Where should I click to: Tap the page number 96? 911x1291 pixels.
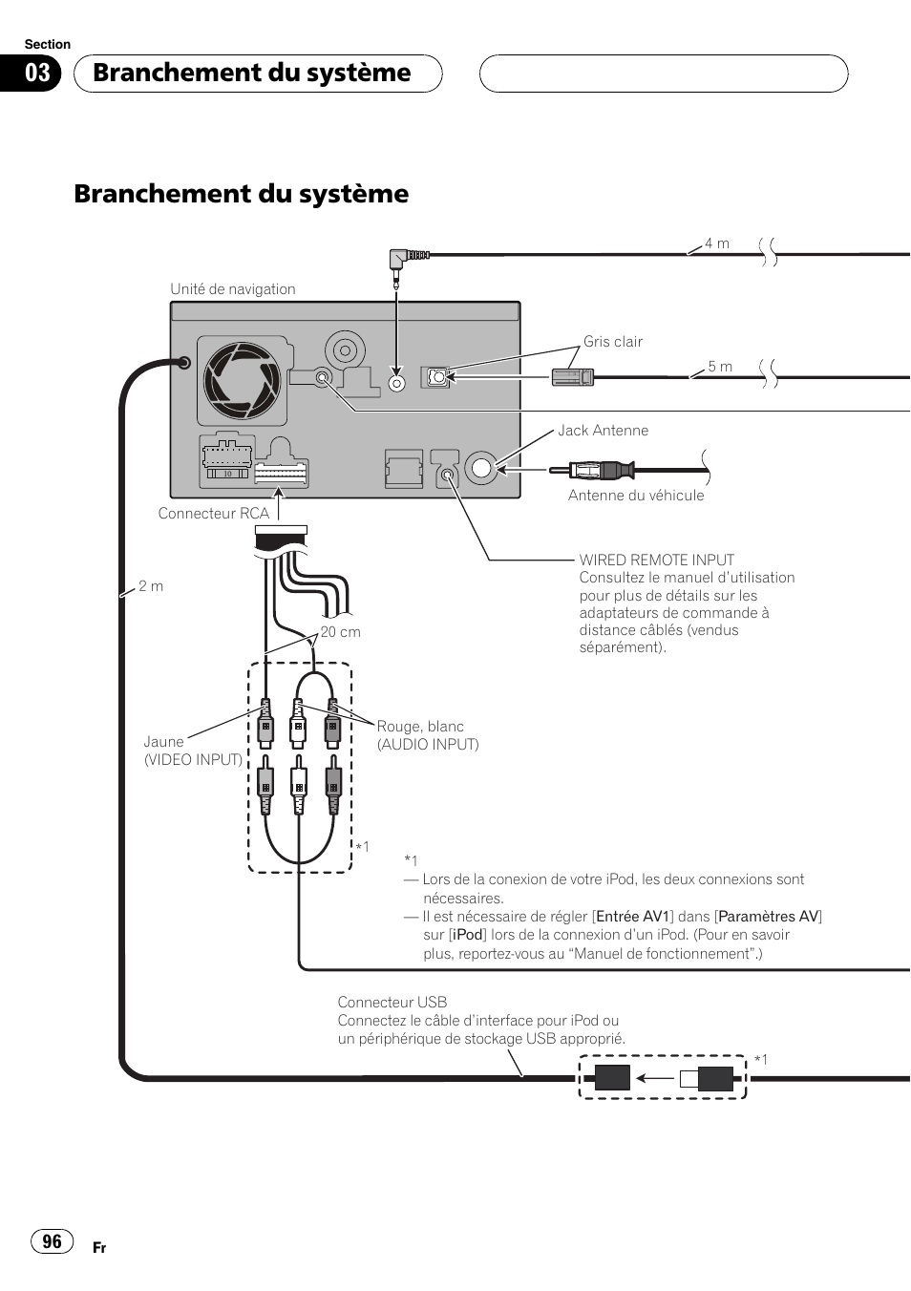coord(52,1241)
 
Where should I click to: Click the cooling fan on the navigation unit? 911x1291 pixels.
coord(243,381)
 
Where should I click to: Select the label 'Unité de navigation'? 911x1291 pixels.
coord(233,289)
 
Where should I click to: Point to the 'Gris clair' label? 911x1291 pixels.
coord(613,342)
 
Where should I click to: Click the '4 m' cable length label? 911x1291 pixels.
coord(717,243)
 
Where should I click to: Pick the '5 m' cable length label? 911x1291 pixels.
coord(720,367)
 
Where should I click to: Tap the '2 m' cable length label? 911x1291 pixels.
coord(151,586)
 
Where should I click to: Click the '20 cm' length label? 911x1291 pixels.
coord(340,632)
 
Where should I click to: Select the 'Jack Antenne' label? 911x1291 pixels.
coord(603,431)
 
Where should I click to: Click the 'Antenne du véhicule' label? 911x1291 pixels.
coord(636,496)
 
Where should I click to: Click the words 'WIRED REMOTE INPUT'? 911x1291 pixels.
coord(657,561)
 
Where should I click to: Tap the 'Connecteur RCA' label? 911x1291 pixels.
coord(214,514)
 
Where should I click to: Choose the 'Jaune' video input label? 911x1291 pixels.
coord(163,742)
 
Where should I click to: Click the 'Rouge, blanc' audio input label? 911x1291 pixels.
coord(420,727)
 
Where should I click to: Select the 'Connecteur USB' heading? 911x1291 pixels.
coord(392,1003)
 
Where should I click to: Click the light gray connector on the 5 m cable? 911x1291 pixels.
coord(573,377)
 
